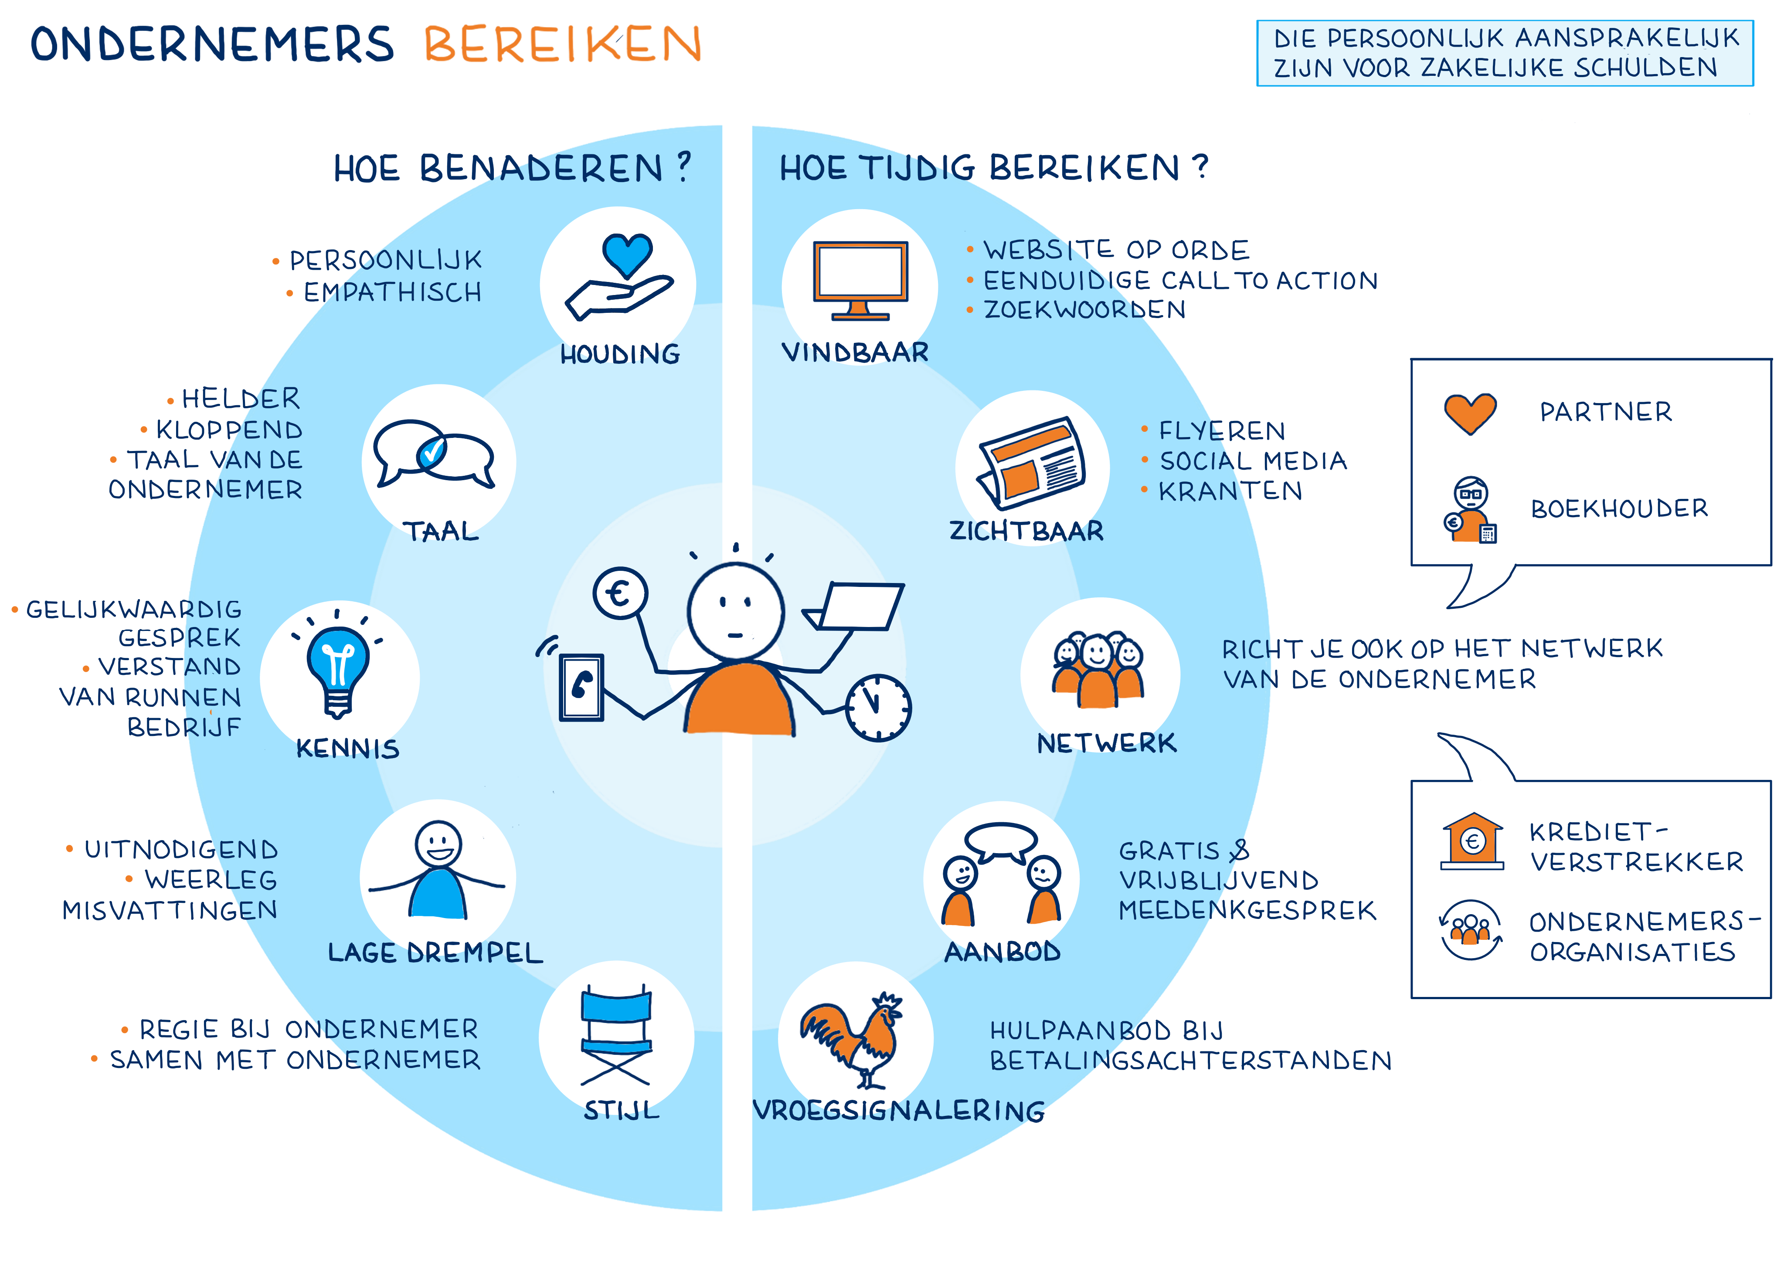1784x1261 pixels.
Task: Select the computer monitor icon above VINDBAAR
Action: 860,276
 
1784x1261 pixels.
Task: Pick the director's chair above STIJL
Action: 616,1034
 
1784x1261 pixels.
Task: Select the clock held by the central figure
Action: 878,707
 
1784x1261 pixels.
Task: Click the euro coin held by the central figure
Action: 619,593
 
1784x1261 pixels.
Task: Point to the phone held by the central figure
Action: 581,687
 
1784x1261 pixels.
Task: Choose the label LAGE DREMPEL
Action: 435,953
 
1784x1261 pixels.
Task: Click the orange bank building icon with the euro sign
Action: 1472,840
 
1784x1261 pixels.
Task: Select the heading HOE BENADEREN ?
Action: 513,168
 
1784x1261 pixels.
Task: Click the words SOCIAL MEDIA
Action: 1253,461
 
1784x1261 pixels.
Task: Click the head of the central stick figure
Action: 735,611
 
